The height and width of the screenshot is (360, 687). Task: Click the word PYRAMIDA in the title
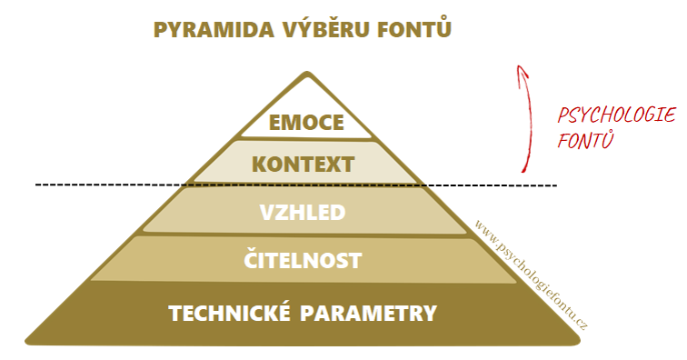pyautogui.click(x=214, y=30)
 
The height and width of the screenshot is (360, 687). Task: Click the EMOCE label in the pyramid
pyautogui.click(x=306, y=123)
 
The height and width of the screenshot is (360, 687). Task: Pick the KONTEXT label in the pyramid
pyautogui.click(x=304, y=165)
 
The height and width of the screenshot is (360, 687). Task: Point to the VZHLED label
pyautogui.click(x=303, y=213)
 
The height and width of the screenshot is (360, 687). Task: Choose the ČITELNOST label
pyautogui.click(x=303, y=258)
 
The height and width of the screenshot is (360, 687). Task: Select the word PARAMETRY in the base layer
pyautogui.click(x=368, y=313)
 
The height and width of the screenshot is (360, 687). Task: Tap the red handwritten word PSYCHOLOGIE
pyautogui.click(x=616, y=115)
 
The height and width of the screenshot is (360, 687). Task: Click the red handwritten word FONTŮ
pyautogui.click(x=585, y=139)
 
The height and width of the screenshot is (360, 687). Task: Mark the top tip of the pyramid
pyautogui.click(x=307, y=72)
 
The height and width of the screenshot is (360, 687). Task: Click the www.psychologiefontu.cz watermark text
pyautogui.click(x=531, y=275)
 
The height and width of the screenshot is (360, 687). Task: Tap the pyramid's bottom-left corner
pyautogui.click(x=27, y=340)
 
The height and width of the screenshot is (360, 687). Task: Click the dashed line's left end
pyautogui.click(x=36, y=185)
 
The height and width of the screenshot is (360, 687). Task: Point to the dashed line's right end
pyautogui.click(x=556, y=185)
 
